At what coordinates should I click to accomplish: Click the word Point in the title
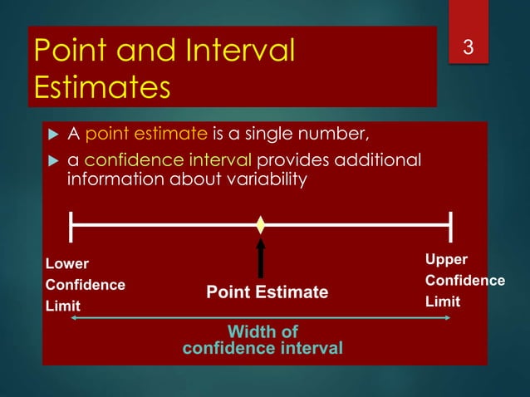(71, 51)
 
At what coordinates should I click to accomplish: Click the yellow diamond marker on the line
(261, 224)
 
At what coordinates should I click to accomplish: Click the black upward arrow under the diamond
(261, 257)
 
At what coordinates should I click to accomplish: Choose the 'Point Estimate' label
(267, 292)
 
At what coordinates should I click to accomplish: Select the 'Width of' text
(262, 332)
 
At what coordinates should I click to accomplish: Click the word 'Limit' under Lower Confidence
(62, 306)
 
